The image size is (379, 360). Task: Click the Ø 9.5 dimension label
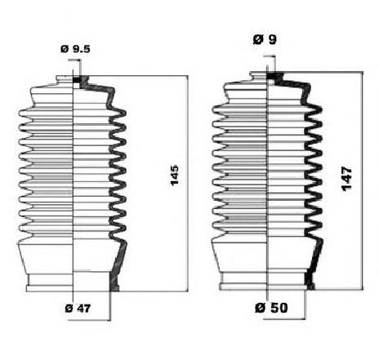75,49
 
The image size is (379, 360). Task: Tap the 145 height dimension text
174,174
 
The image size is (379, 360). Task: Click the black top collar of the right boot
274,78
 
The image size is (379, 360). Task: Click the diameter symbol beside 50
258,307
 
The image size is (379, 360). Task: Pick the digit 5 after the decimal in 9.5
85,49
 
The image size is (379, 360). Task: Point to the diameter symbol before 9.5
64,49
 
